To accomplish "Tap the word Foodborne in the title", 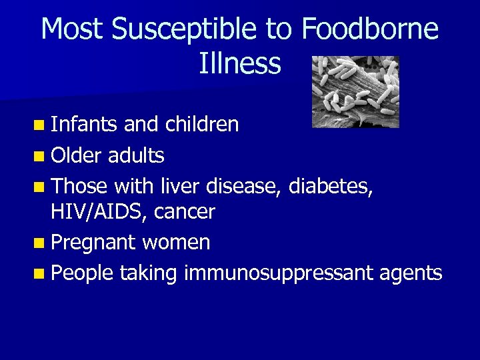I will pos(370,30).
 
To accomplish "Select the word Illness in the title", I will pos(240,64).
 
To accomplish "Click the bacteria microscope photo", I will pos(356,91).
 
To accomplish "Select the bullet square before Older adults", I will pos(42,156).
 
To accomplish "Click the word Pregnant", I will pos(93,243).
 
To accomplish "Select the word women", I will pos(175,243).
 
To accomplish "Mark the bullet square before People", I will pos(42,274).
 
